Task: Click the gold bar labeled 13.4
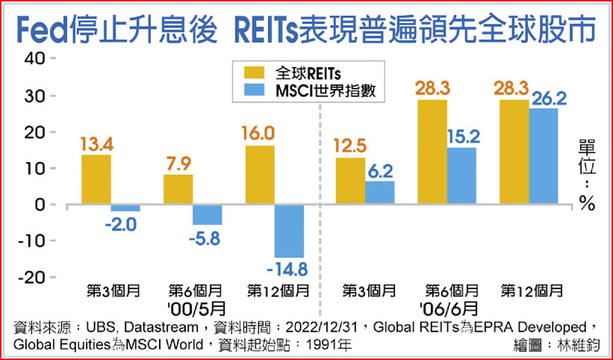(x=96, y=180)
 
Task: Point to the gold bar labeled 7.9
(x=178, y=189)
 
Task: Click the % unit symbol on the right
(x=587, y=204)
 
